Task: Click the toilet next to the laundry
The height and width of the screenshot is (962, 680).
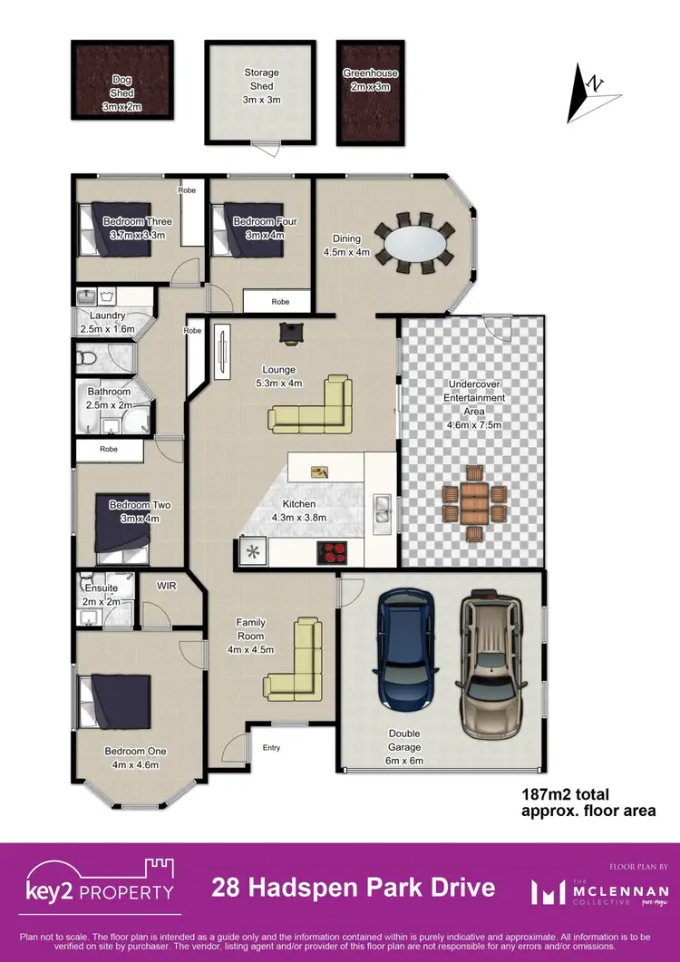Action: (x=86, y=360)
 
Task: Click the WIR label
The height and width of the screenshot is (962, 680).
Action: (x=165, y=586)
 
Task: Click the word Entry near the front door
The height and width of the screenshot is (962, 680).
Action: (x=271, y=748)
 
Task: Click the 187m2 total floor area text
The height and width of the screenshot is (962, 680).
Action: (x=587, y=802)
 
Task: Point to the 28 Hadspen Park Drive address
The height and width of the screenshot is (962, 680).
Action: (x=354, y=887)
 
